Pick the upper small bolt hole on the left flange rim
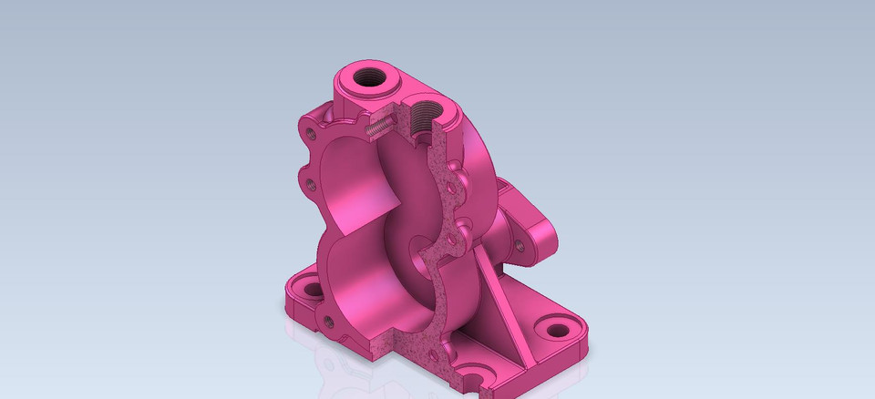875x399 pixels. (313, 134)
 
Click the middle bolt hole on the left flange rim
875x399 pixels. (312, 184)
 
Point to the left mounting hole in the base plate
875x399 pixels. (313, 291)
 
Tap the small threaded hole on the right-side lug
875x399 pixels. (520, 244)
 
